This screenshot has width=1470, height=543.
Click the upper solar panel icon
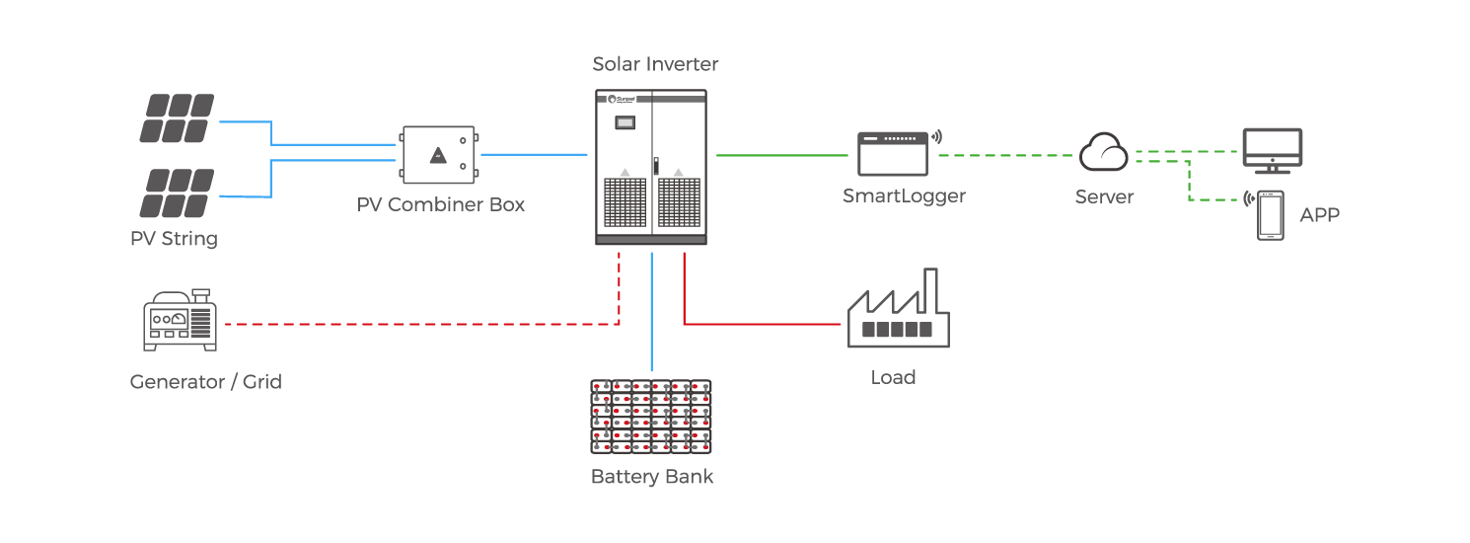click(177, 118)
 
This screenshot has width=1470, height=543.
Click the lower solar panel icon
click(177, 193)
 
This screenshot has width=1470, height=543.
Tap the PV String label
click(174, 239)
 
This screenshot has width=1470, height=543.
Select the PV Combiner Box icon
click(439, 155)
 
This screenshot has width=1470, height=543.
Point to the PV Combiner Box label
click(441, 205)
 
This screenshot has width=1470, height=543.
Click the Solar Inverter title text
click(655, 64)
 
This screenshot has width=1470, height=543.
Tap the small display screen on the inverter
click(625, 123)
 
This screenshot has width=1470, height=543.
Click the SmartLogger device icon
click(893, 153)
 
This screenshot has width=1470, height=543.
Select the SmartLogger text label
click(904, 195)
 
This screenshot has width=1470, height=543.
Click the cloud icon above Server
click(1104, 152)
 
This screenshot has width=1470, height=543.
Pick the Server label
click(1104, 196)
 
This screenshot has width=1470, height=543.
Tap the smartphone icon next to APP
click(1270, 214)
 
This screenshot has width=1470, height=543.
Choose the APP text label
click(1320, 215)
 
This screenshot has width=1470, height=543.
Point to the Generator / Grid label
click(205, 381)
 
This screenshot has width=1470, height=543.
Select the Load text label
click(893, 377)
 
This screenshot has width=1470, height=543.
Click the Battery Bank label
click(651, 477)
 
